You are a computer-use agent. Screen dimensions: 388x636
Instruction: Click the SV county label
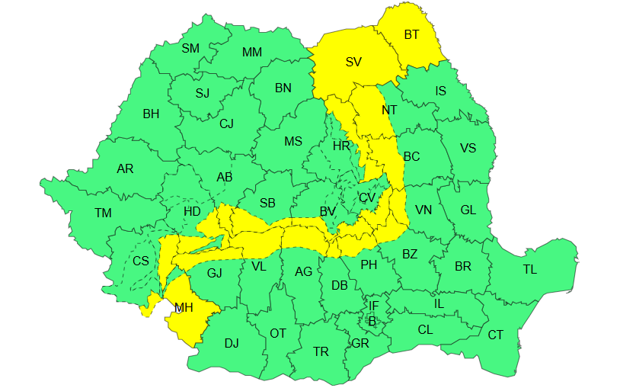coord(353,63)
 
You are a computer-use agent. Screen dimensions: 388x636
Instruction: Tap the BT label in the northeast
coord(411,34)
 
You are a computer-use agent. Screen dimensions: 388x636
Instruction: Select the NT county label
coord(389,110)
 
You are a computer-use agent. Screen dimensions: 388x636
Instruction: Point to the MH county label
coord(184,308)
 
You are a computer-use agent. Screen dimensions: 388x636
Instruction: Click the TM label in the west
coord(103,213)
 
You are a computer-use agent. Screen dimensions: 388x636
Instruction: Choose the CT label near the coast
coord(496,335)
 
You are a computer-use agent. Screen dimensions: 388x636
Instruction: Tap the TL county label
coord(529,270)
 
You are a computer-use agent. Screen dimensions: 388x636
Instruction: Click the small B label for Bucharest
coord(372,321)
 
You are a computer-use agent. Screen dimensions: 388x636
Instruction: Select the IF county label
coord(373,306)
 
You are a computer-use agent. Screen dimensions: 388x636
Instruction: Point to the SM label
coord(190,48)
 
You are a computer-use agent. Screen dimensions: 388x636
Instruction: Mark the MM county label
coord(251,52)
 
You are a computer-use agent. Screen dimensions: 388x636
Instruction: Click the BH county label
coord(151,114)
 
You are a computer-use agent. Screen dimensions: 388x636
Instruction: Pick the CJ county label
coord(227,123)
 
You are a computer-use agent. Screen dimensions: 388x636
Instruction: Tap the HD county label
coord(192,211)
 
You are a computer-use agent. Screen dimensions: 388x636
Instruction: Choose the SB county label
coord(267,203)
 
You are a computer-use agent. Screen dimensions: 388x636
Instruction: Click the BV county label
coord(328,211)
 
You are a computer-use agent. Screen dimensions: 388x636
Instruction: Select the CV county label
coord(367,197)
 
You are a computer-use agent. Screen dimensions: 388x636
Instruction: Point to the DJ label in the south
coord(232,343)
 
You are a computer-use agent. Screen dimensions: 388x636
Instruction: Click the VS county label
coord(468,148)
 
